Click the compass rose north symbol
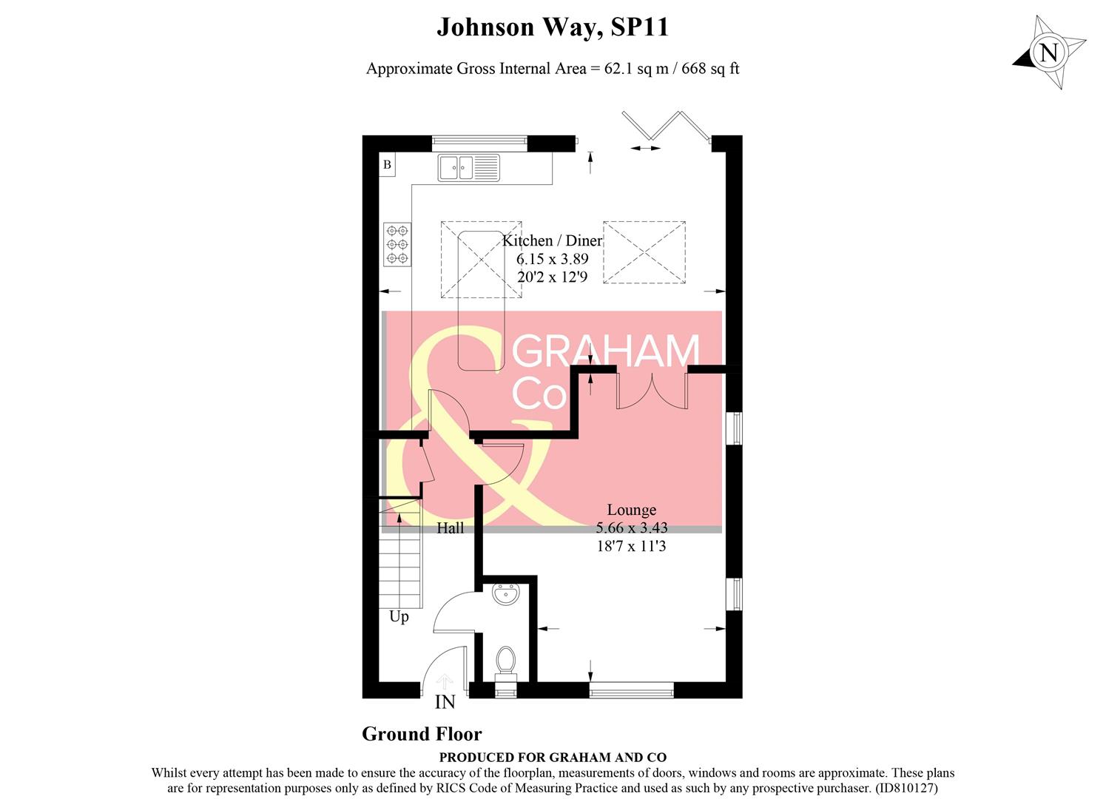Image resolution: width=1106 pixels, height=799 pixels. [x=1049, y=53]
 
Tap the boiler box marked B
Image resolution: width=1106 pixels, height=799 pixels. [x=387, y=165]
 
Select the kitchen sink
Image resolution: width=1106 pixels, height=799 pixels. [x=468, y=167]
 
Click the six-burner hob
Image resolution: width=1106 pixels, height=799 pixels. [x=397, y=244]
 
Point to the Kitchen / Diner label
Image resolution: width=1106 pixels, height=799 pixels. [x=552, y=240]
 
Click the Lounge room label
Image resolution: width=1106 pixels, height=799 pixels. [x=631, y=510]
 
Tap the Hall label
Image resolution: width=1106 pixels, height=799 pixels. [x=450, y=528]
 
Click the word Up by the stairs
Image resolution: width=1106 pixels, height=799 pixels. [x=399, y=616]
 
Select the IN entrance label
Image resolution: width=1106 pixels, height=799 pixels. [x=445, y=702]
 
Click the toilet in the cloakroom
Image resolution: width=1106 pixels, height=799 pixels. [x=506, y=661]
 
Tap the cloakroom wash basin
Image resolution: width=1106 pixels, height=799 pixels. [x=506, y=593]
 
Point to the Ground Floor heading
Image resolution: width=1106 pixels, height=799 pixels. [x=422, y=734]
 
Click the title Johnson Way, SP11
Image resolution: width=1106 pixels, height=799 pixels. [x=552, y=27]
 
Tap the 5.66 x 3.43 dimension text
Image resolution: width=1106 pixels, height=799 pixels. [x=631, y=528]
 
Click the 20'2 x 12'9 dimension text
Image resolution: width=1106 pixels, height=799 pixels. [x=552, y=277]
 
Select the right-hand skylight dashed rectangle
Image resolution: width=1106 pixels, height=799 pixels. [x=644, y=252]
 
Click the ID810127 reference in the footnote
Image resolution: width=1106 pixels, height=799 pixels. [x=906, y=789]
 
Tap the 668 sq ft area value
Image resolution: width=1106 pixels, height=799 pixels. [x=710, y=69]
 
